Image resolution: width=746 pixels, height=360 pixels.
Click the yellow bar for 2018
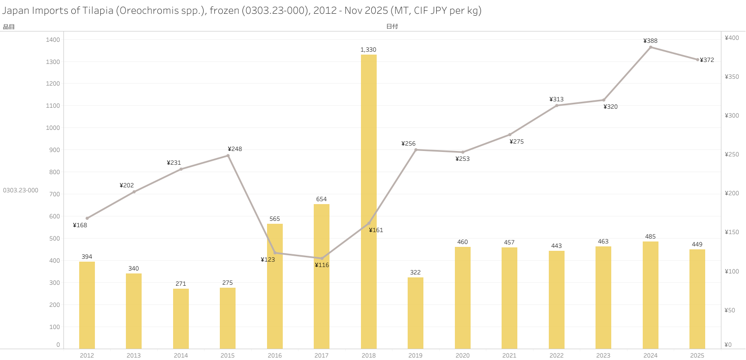click(369, 202)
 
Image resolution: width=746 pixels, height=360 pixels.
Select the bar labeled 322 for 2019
click(416, 313)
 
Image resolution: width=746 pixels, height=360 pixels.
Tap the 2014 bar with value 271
click(181, 319)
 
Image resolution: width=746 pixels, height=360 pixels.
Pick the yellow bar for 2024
click(651, 295)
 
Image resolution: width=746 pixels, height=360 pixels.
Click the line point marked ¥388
click(651, 47)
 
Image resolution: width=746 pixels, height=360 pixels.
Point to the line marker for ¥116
click(322, 258)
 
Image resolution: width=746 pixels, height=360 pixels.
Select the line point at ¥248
click(228, 155)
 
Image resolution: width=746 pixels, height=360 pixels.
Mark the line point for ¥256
click(416, 150)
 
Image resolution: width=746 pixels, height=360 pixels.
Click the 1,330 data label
click(368, 50)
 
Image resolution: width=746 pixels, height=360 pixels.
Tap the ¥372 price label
click(707, 60)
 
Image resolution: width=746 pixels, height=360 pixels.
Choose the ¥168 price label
click(80, 225)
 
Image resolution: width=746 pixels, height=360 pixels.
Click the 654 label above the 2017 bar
click(321, 199)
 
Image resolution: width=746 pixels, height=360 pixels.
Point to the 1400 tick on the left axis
click(54, 40)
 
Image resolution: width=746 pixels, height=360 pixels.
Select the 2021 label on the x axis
click(509, 355)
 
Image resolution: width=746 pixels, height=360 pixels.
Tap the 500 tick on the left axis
click(55, 239)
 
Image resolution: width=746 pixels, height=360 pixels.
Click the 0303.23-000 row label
click(21, 190)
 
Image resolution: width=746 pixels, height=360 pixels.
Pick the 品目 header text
click(9, 27)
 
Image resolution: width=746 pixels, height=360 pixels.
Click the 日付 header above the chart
click(392, 27)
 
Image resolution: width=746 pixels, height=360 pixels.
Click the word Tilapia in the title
click(96, 11)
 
